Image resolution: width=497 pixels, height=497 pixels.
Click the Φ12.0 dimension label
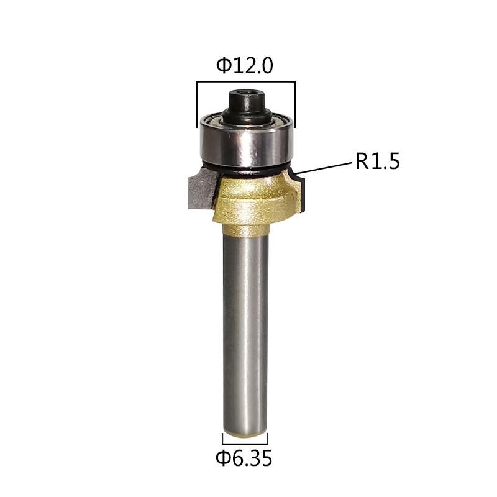[244, 66]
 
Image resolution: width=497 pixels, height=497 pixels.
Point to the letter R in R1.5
[362, 162]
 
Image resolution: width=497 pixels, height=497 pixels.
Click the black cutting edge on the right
[304, 196]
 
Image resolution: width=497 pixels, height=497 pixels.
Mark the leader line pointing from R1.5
[323, 168]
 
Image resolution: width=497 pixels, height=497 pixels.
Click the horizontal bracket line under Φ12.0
[246, 81]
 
